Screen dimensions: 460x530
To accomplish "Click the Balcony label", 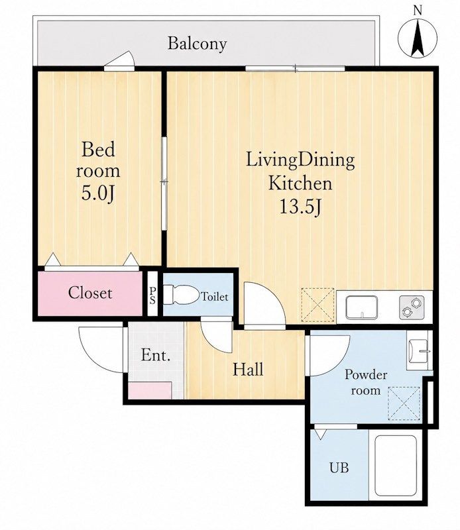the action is click(x=198, y=44).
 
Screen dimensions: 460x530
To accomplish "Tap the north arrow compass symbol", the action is click(x=418, y=38).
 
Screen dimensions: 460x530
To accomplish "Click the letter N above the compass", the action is click(x=418, y=11).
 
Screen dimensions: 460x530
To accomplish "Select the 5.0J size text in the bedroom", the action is click(x=97, y=193).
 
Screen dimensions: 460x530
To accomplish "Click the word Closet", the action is click(x=90, y=293).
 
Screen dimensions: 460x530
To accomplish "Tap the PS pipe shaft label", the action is click(x=152, y=295).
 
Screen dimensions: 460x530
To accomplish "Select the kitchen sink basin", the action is click(x=362, y=307).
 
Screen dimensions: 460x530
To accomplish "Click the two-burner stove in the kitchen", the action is click(x=412, y=307).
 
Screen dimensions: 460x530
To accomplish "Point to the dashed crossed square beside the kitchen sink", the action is click(x=317, y=305).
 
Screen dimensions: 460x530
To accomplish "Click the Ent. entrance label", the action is click(x=156, y=355).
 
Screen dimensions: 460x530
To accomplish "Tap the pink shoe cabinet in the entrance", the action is click(x=150, y=390).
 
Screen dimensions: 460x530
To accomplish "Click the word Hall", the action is click(x=248, y=369).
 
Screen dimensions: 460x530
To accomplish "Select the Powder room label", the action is click(x=366, y=383).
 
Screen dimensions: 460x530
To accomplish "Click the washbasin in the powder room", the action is click(x=420, y=352).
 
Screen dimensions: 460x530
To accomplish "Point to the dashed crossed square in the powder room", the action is click(x=404, y=403).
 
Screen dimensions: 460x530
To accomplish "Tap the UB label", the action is click(x=339, y=468).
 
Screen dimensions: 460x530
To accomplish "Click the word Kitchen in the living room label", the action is click(x=300, y=184).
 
